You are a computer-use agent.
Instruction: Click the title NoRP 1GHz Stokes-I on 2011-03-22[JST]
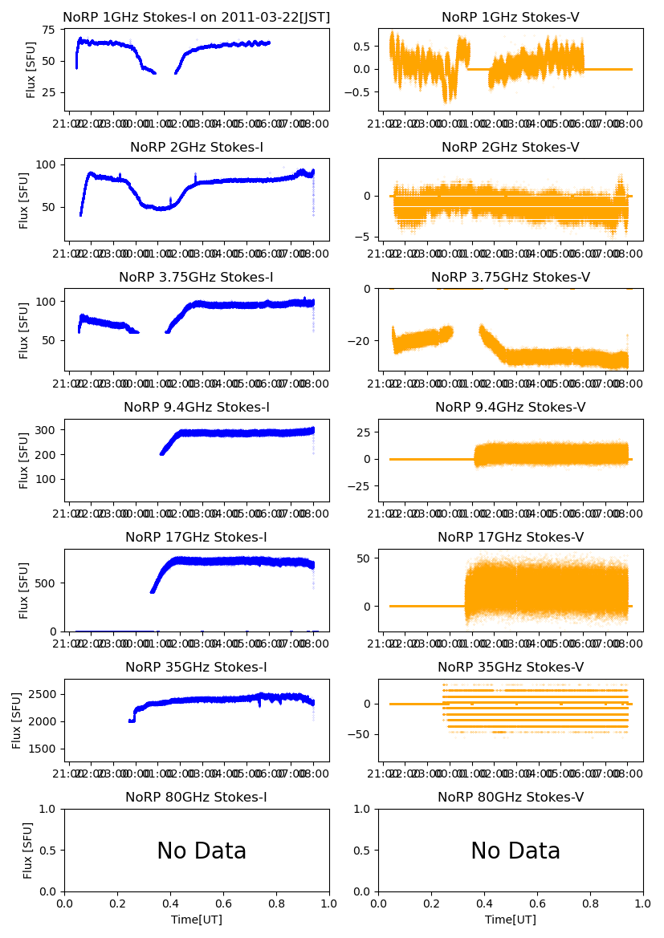197,17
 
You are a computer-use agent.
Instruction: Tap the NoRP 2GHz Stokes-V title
511,147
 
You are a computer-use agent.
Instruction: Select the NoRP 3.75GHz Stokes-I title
197,277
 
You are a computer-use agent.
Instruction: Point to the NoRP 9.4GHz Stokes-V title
511,407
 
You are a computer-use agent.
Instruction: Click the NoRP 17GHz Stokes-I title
197,537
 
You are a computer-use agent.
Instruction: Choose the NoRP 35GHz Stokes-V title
511,667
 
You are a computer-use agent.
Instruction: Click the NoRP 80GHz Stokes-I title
197,797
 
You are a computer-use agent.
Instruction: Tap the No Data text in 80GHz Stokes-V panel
515,851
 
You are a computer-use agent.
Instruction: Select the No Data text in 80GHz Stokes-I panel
202,851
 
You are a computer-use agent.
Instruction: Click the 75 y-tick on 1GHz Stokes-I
48,30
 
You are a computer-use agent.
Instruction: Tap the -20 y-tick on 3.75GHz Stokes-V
362,341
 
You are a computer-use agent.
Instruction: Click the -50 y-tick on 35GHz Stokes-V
362,733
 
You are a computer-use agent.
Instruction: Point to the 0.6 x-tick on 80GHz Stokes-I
223,903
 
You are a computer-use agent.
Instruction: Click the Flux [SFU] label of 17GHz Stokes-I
24,590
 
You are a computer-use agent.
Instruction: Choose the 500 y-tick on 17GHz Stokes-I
48,583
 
